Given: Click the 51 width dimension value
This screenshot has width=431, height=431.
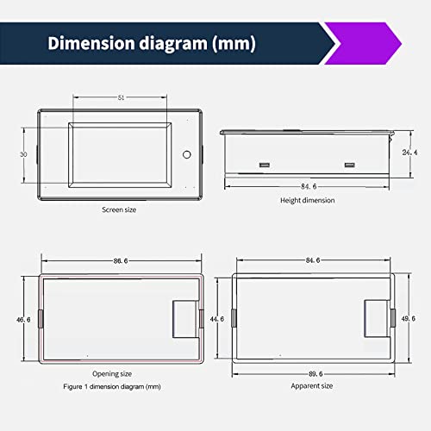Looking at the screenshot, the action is pyautogui.click(x=122, y=97).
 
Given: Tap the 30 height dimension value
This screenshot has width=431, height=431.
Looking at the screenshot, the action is pyautogui.click(x=23, y=154).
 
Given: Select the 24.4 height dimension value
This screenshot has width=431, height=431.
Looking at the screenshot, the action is pyautogui.click(x=409, y=153).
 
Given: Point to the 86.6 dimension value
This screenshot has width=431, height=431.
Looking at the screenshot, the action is pyautogui.click(x=121, y=261).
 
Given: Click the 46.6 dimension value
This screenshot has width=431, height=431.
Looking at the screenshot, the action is pyautogui.click(x=23, y=320).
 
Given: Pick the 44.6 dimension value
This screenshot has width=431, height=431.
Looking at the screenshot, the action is pyautogui.click(x=217, y=319).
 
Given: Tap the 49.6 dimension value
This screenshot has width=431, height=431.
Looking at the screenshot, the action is pyautogui.click(x=409, y=319).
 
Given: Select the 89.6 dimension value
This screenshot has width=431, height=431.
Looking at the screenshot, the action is pyautogui.click(x=315, y=374).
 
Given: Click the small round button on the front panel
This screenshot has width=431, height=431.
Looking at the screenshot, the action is pyautogui.click(x=187, y=154).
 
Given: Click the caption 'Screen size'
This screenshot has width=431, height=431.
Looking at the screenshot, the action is pyautogui.click(x=119, y=209).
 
